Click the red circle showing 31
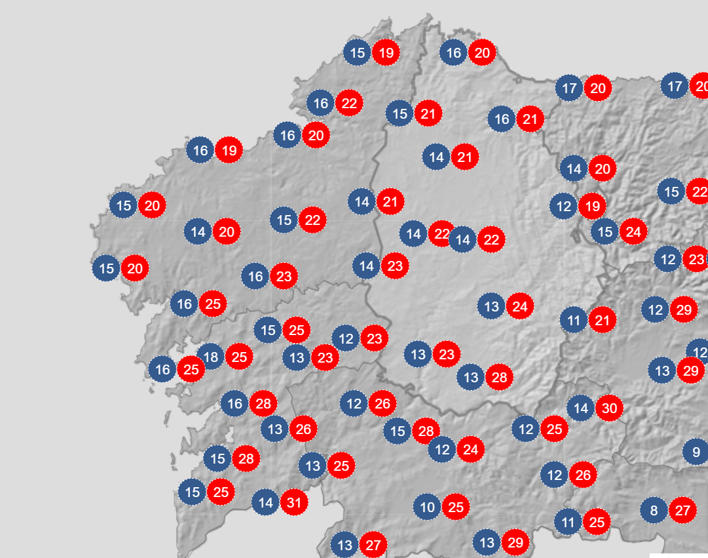(294, 503)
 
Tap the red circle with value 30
(609, 409)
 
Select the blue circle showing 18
(211, 357)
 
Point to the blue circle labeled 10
(427, 507)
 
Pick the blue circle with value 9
(696, 452)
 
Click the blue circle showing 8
(654, 510)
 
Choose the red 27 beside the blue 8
(682, 510)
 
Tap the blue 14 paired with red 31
(265, 503)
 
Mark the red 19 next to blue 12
(592, 207)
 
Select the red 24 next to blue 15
(634, 231)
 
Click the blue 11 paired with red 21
(574, 321)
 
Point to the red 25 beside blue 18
(240, 357)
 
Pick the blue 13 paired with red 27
(345, 545)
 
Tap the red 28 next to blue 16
(263, 403)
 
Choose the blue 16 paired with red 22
(321, 103)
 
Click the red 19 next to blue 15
(386, 52)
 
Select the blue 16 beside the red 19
(200, 151)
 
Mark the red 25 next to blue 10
(456, 507)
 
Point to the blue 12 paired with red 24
(442, 450)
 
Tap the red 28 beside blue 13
(499, 377)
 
